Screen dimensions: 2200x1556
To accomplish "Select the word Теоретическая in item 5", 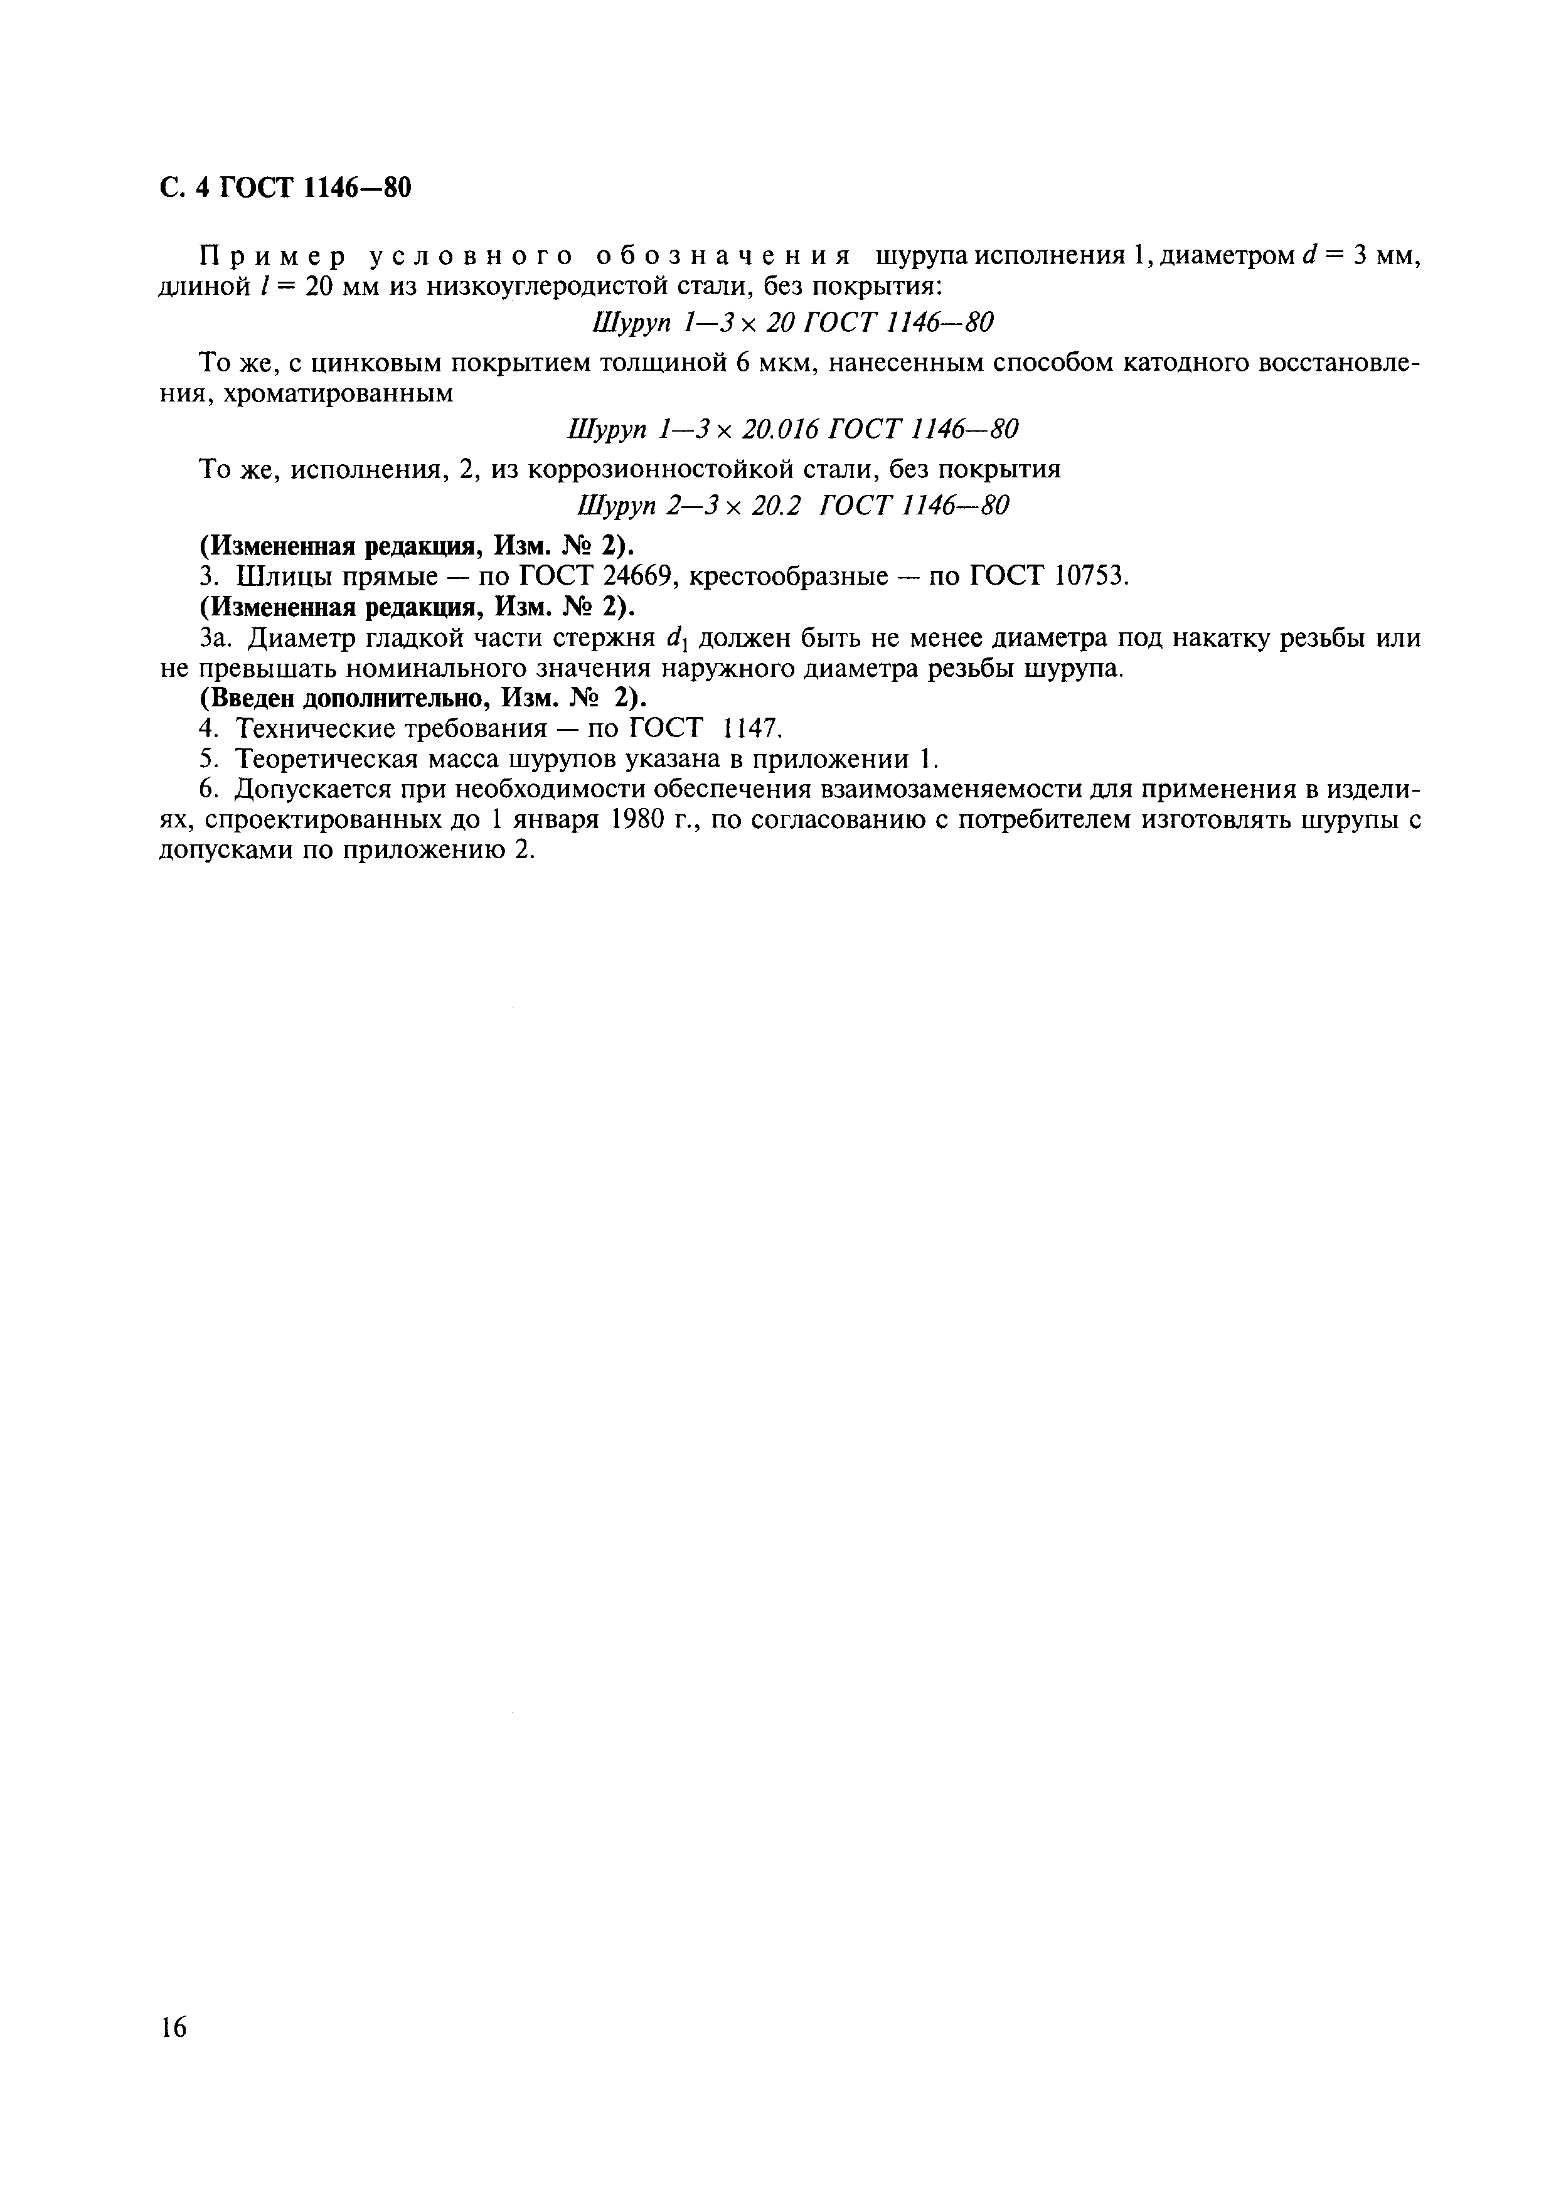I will [322, 760].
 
